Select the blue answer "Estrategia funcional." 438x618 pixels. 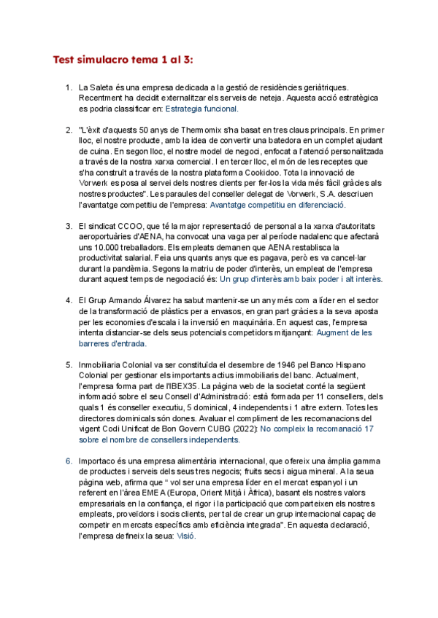201,109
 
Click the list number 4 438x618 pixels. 69,300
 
